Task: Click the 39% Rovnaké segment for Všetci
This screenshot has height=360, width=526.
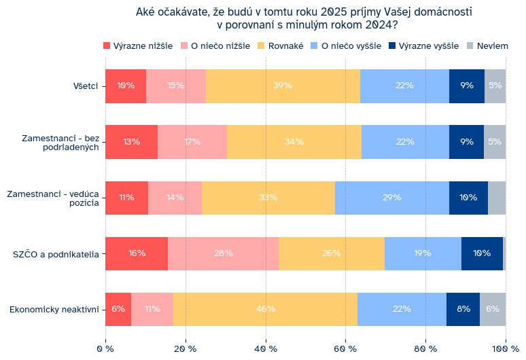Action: [x=283, y=86]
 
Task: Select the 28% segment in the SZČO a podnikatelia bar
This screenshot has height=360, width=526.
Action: [x=223, y=253]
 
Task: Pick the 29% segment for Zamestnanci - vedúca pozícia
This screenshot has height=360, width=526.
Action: [x=391, y=198]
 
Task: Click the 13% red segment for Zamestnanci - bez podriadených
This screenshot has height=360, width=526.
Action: [x=131, y=142]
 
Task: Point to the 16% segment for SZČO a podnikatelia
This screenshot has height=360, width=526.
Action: [x=137, y=253]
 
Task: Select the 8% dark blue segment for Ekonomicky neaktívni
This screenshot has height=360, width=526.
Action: [x=463, y=309]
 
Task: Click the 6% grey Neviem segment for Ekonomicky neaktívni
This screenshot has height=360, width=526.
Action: [x=493, y=309]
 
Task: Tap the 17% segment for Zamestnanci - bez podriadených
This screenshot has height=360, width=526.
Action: [x=192, y=142]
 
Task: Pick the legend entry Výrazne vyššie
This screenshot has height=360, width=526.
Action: [x=423, y=46]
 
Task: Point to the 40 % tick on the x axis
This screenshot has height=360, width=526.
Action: [x=266, y=349]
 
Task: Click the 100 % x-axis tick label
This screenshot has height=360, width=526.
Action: [x=506, y=349]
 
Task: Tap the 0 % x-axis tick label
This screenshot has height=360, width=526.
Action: [x=105, y=349]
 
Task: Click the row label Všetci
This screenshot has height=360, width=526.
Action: [x=86, y=86]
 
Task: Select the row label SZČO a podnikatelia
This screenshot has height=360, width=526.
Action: [x=56, y=254]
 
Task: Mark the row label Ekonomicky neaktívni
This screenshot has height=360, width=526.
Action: [x=54, y=310]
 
